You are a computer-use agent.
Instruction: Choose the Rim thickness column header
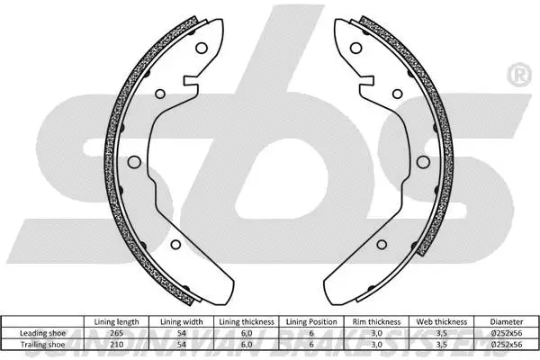pyautogui.click(x=377, y=321)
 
